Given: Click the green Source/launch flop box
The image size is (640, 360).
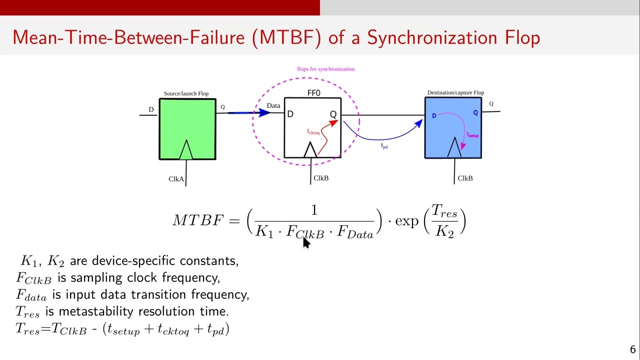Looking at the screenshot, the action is (x=187, y=129).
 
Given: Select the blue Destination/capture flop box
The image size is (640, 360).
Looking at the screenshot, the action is (x=453, y=127).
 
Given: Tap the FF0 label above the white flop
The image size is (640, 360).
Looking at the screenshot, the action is (x=313, y=93).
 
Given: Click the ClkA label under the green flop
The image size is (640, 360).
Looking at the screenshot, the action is (x=176, y=179).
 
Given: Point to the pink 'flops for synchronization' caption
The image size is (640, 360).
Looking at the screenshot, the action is (x=325, y=69).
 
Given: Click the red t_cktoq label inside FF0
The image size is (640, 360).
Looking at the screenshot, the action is (x=313, y=131).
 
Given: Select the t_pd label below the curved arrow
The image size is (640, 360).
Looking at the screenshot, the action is (x=384, y=146).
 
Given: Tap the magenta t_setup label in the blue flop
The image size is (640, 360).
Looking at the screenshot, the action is (x=472, y=134).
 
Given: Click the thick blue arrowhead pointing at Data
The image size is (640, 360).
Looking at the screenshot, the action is (x=264, y=112).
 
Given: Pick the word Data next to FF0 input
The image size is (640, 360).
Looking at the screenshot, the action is (x=273, y=105).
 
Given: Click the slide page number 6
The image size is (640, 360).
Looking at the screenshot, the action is (x=632, y=349).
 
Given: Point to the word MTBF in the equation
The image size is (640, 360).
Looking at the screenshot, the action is (x=197, y=220).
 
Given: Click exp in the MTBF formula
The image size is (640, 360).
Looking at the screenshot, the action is (x=406, y=221).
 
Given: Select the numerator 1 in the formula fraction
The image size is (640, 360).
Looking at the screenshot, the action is (x=314, y=210).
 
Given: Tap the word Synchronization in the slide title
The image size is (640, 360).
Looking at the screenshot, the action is (x=432, y=37).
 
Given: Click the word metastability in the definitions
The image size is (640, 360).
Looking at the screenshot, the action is (x=95, y=311).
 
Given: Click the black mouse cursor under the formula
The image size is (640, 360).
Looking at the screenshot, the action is (x=306, y=243).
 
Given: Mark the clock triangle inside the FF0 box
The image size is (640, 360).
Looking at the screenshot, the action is (x=310, y=149).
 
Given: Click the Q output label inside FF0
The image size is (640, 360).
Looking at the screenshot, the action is (x=333, y=114).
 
